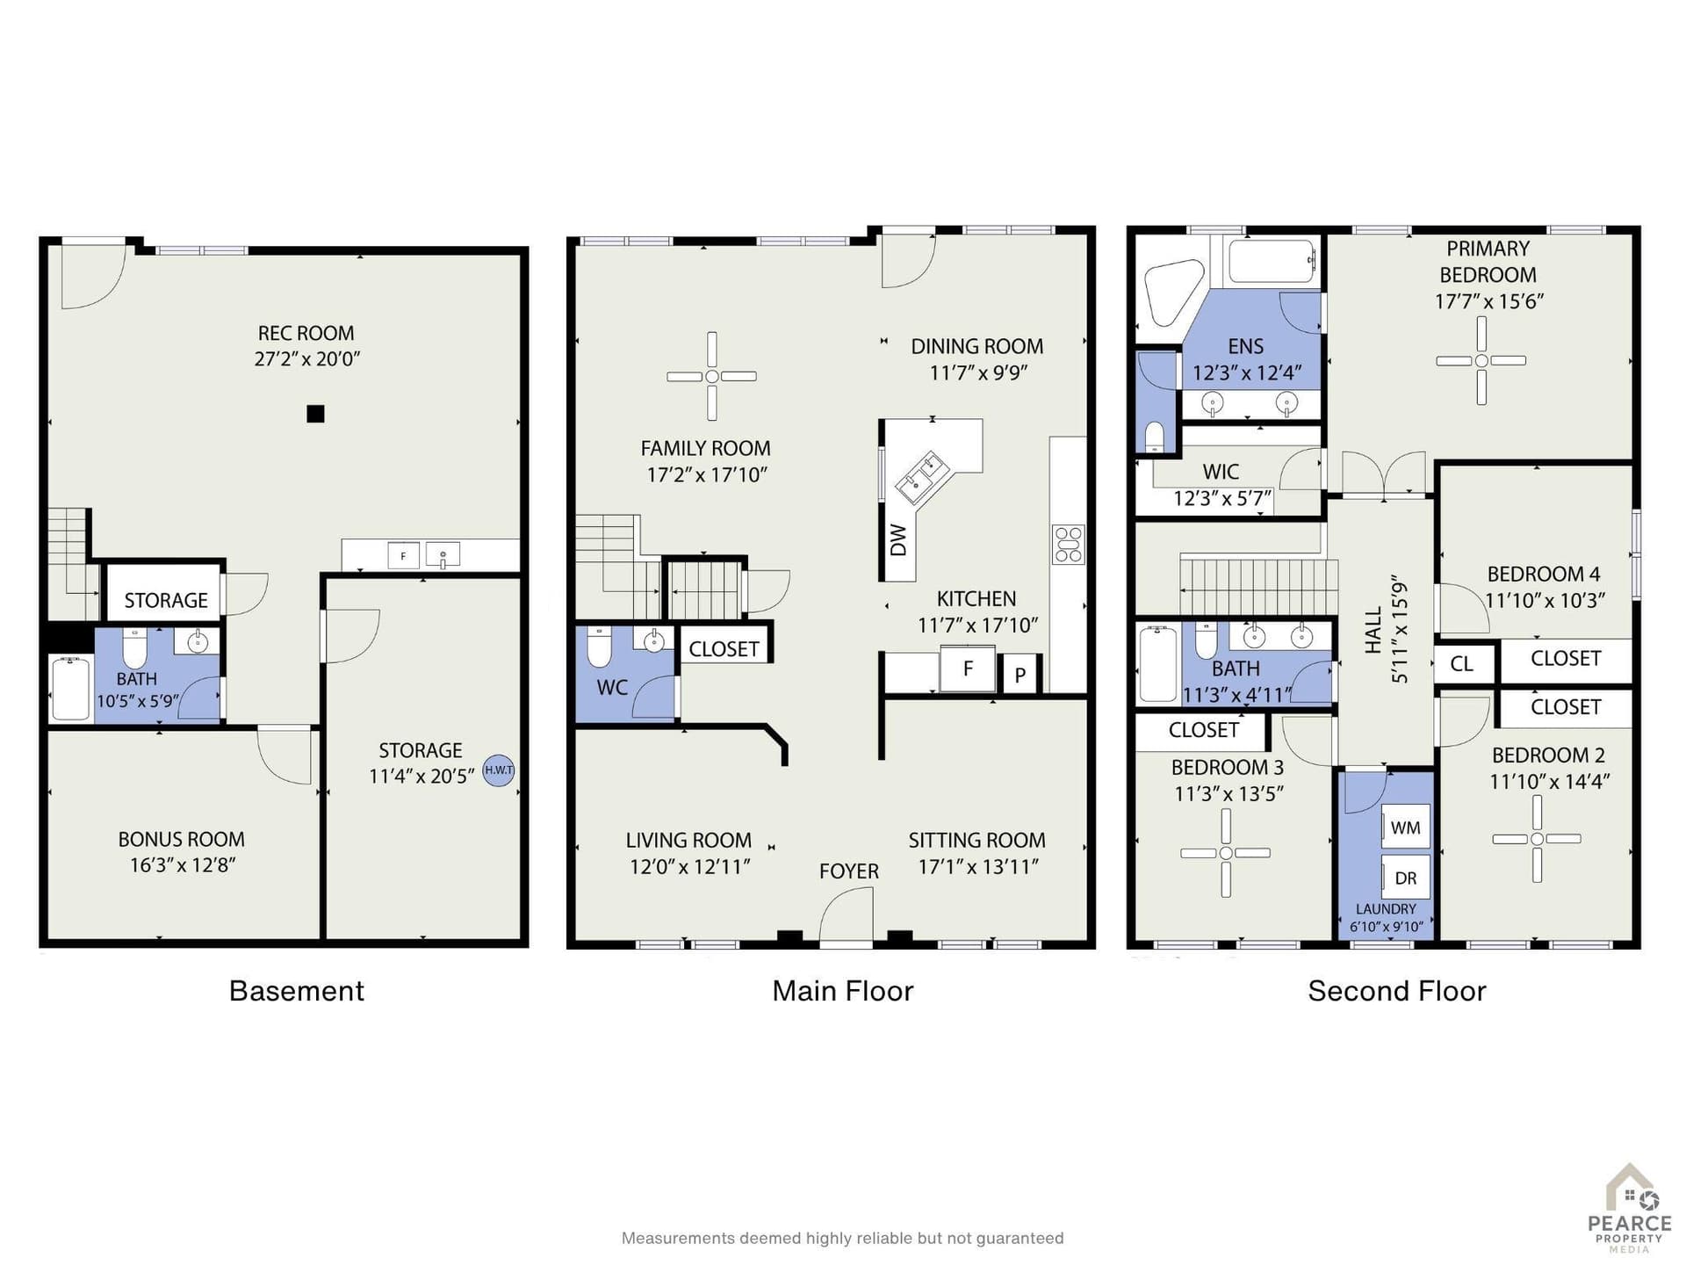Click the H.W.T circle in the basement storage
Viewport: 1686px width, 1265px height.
click(499, 770)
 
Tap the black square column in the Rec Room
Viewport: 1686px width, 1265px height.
click(315, 414)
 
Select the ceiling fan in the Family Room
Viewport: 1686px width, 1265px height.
click(711, 376)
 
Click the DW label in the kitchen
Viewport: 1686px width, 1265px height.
click(897, 540)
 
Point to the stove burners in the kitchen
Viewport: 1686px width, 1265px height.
click(1069, 544)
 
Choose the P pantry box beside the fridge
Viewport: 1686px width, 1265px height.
click(1020, 675)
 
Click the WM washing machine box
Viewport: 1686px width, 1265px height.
click(1405, 828)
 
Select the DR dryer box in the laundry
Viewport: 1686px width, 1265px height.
click(1405, 878)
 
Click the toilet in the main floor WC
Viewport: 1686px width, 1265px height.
click(599, 647)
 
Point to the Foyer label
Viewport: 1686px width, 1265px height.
click(848, 871)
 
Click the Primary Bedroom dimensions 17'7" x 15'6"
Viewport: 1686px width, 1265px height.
click(1488, 301)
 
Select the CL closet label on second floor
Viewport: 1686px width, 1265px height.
click(1461, 663)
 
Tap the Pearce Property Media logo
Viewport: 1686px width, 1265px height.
click(1630, 1209)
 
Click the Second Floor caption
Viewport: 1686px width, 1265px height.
click(1396, 991)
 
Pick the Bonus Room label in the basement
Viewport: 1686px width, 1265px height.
click(182, 839)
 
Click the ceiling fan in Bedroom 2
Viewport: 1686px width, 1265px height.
click(1537, 839)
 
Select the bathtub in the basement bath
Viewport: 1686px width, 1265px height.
click(71, 689)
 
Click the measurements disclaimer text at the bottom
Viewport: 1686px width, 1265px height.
click(842, 1238)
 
